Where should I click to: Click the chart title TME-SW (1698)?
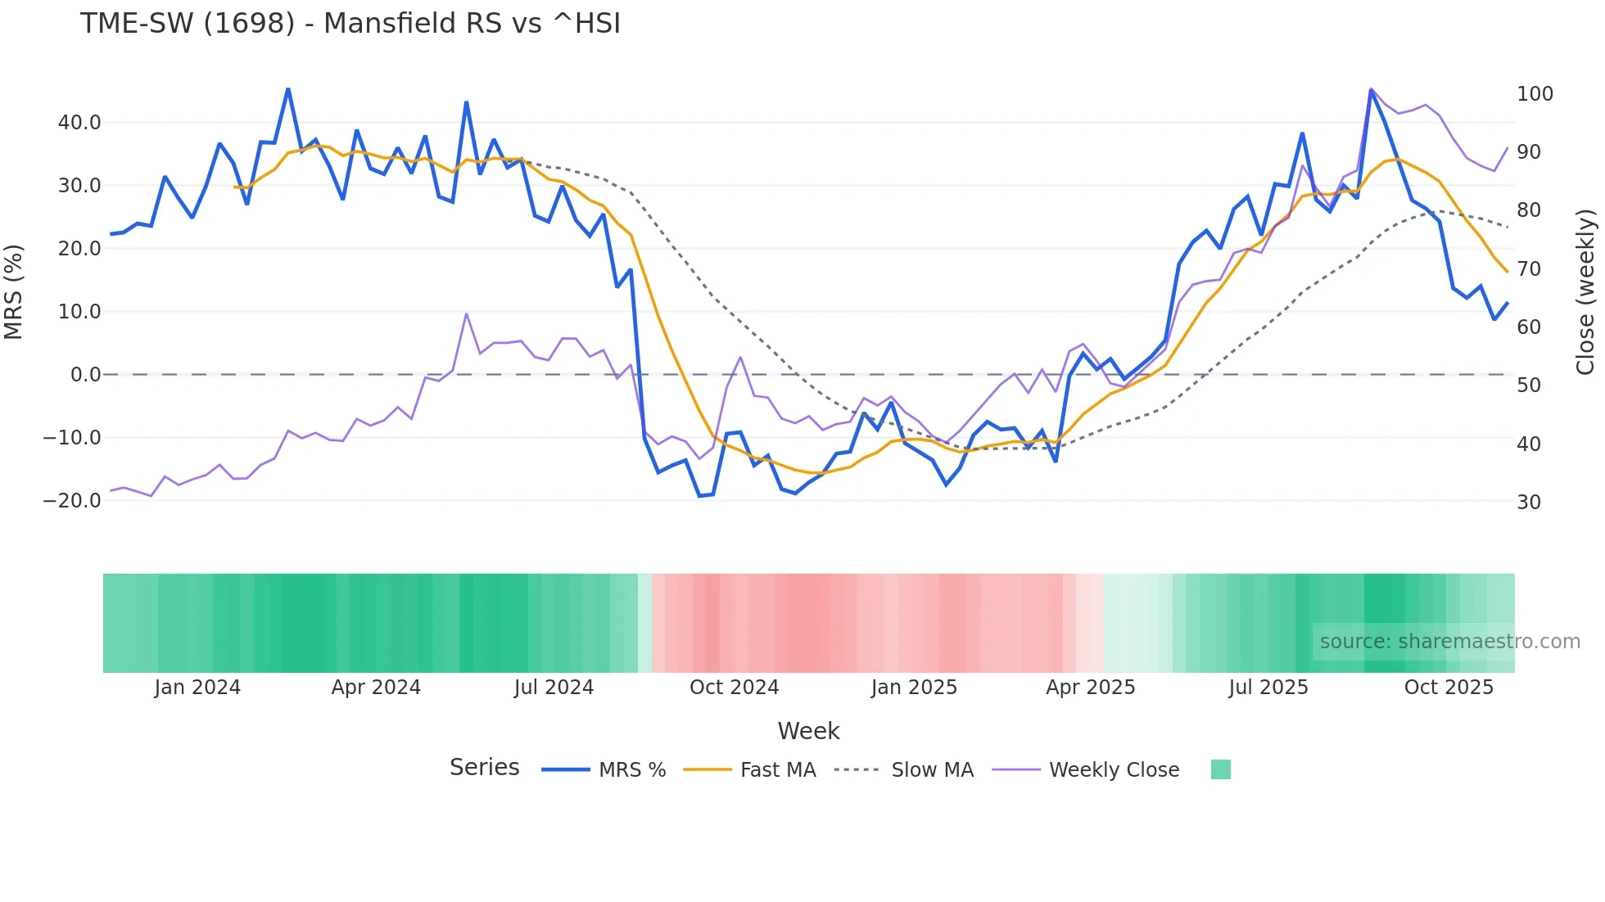[x=350, y=23]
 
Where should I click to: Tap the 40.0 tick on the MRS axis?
[x=79, y=123]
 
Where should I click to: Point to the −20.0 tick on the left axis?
[x=72, y=501]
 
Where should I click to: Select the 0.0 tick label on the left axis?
[x=85, y=375]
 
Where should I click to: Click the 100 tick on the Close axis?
[x=1535, y=94]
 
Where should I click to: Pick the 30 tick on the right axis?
[x=1529, y=503]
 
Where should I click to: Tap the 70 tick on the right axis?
[x=1529, y=269]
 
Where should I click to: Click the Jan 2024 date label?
[x=197, y=688]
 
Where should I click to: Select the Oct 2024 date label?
[x=734, y=688]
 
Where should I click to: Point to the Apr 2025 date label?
[x=1090, y=688]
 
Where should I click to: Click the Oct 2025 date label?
[x=1449, y=688]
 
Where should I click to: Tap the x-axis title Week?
[x=808, y=731]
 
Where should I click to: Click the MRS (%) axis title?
[x=13, y=292]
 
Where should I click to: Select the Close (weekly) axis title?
[x=1586, y=292]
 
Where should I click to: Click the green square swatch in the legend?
[x=1220, y=769]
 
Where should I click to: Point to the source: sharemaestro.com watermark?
[x=1449, y=642]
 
